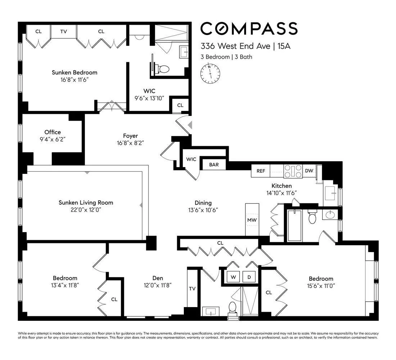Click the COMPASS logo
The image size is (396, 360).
(249, 29)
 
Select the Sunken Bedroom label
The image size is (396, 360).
(74, 72)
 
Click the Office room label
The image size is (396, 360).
(53, 132)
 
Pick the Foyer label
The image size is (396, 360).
(130, 136)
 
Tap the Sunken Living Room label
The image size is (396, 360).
(86, 203)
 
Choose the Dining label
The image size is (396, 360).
(203, 203)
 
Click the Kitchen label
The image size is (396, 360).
(281, 186)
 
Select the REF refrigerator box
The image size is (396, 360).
(260, 171)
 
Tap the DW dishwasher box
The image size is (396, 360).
(309, 171)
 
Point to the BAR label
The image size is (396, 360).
(214, 165)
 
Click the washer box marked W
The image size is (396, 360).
(233, 277)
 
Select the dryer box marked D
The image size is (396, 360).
(249, 277)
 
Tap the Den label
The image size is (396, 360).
(158, 278)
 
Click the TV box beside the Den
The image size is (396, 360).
(192, 288)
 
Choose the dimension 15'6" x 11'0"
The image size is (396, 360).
(321, 286)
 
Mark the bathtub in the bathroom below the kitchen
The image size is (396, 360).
(294, 225)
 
